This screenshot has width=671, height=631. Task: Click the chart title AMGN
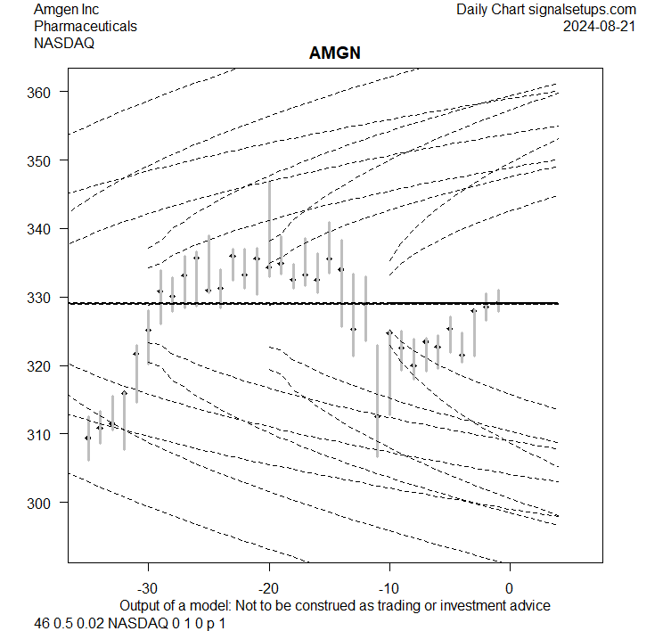(x=334, y=54)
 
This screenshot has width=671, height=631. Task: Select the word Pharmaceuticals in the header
(x=86, y=26)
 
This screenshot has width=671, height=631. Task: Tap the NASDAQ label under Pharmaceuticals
(x=64, y=42)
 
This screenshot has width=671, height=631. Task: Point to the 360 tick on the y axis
(x=45, y=92)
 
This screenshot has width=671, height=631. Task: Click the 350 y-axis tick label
(x=45, y=160)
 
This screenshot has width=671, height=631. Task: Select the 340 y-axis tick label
(x=45, y=229)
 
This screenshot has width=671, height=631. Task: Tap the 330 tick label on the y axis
(x=45, y=297)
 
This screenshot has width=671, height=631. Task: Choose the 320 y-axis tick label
(x=45, y=365)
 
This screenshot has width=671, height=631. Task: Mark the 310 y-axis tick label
(x=45, y=434)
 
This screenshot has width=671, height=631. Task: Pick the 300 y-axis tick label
(x=45, y=503)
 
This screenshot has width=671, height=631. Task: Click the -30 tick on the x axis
(x=148, y=588)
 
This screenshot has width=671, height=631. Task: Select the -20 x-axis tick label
(x=268, y=588)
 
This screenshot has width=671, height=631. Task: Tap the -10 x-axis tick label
(x=389, y=588)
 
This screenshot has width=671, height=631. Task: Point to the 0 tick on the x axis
(x=510, y=588)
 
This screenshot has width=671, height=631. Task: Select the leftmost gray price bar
(x=88, y=438)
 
